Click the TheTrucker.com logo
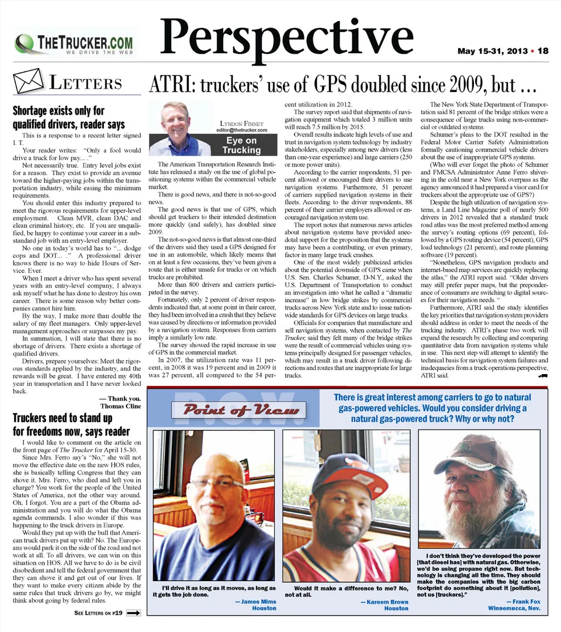[76, 43]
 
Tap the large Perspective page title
[287, 36]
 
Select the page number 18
[543, 51]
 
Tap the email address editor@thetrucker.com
[241, 130]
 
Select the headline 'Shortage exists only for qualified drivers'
[68, 117]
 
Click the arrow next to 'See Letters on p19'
[133, 613]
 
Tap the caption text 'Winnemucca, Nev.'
[514, 608]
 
